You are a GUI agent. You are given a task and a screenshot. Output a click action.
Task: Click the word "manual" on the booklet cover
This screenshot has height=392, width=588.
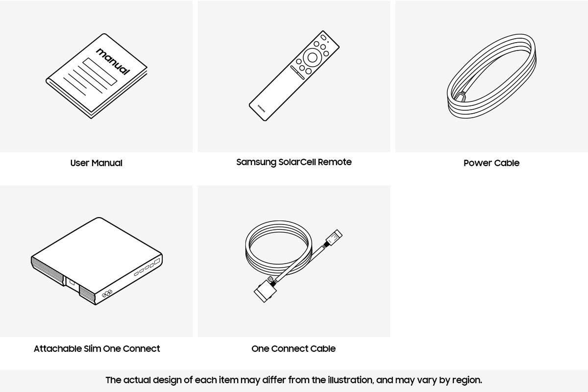click(x=113, y=61)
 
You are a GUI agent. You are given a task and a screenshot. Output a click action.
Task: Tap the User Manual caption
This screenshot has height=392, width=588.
click(x=96, y=163)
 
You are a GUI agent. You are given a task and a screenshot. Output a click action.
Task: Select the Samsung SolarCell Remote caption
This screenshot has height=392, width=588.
click(x=294, y=162)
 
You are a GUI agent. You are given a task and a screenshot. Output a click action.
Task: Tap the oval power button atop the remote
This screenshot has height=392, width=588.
click(x=323, y=38)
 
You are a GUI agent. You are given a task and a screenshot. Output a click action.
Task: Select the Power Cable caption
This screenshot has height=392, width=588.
click(x=491, y=163)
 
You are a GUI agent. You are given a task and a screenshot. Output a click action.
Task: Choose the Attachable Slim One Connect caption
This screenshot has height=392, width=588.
click(x=97, y=349)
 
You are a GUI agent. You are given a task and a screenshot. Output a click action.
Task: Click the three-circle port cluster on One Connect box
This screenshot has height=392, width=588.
click(x=107, y=294)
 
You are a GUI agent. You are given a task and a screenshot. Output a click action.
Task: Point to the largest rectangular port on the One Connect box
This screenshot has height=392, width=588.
click(x=157, y=262)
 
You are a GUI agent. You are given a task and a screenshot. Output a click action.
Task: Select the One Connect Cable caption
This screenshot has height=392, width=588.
click(x=294, y=349)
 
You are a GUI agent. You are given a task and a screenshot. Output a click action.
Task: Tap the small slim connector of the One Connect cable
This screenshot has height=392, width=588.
click(x=335, y=238)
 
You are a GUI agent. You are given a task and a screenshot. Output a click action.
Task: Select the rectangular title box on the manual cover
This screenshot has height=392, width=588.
click(x=100, y=72)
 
